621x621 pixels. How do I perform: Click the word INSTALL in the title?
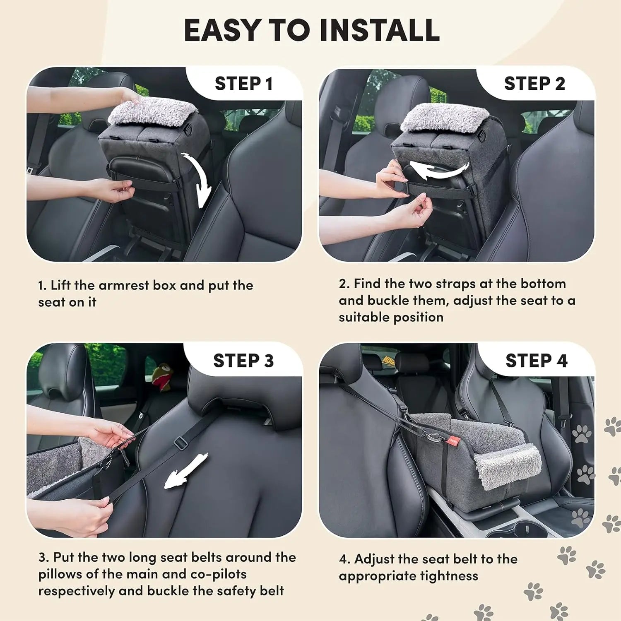click(379, 30)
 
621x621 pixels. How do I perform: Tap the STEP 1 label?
click(243, 84)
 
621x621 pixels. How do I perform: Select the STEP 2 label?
click(534, 84)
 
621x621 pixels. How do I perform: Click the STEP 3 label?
click(243, 361)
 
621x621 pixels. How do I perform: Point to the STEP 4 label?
click(536, 361)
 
